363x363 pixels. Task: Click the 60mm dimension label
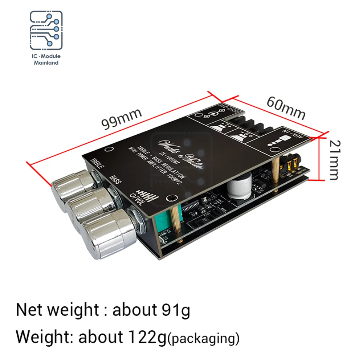tap(286, 108)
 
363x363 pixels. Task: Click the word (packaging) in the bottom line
tap(204, 338)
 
